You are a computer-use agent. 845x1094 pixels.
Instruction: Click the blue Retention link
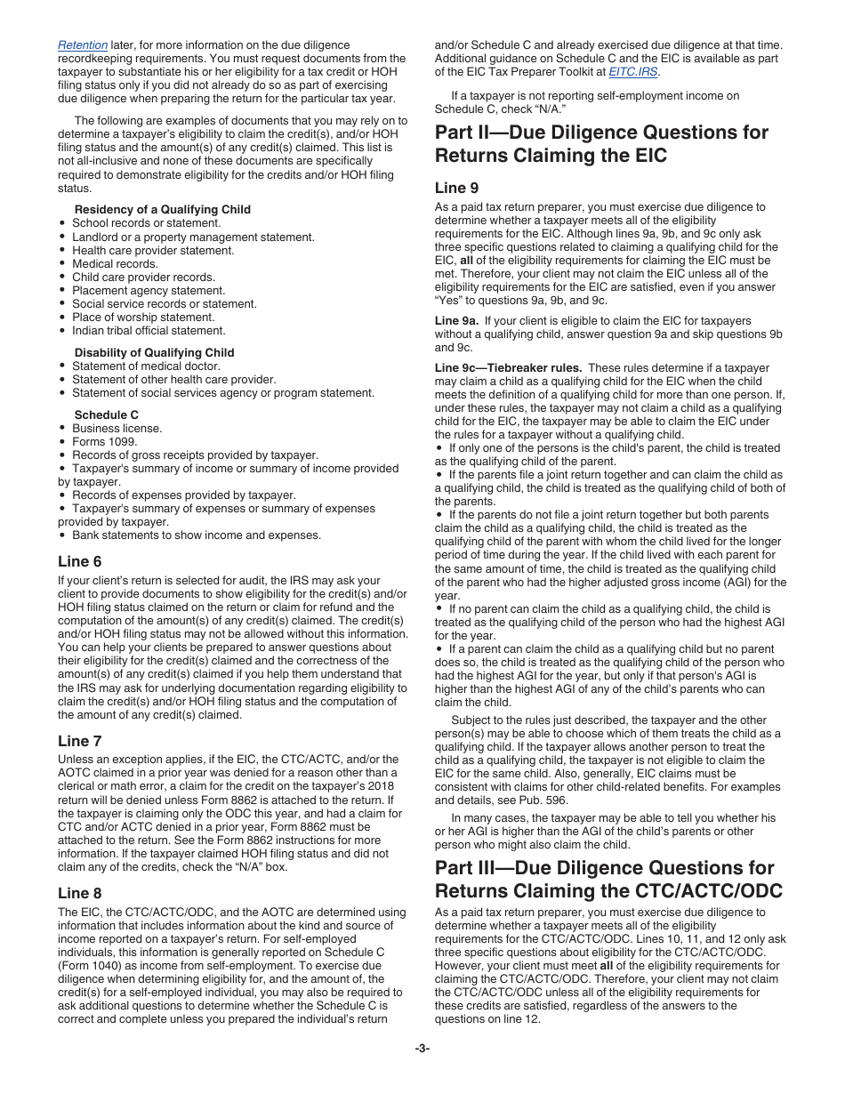tap(83, 45)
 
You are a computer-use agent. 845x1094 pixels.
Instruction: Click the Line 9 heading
tap(456, 188)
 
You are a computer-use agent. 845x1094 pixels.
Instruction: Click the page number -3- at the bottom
tap(422, 1049)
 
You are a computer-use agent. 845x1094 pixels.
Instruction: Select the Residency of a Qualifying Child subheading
tap(163, 210)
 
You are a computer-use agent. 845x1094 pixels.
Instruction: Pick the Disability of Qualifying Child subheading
tap(155, 353)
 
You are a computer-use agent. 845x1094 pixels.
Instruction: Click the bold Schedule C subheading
tap(107, 415)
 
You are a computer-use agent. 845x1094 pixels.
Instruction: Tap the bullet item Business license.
tap(117, 429)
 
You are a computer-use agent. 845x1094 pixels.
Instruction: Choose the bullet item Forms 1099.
tap(105, 442)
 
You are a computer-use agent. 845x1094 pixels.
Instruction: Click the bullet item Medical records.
tap(116, 264)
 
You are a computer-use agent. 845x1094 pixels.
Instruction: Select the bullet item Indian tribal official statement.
tap(149, 331)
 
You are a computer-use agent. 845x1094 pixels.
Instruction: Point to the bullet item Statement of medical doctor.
tap(146, 366)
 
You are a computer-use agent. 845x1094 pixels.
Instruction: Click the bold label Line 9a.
tap(456, 321)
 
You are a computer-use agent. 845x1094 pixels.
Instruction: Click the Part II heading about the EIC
tap(601, 144)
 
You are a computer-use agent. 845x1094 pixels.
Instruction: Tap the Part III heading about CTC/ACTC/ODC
tap(608, 879)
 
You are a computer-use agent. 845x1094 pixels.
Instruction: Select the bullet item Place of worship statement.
tap(143, 318)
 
